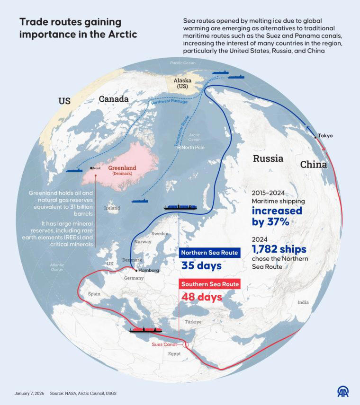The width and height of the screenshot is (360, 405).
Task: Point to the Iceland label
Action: (112, 208)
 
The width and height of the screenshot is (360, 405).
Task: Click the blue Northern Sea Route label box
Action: (209, 253)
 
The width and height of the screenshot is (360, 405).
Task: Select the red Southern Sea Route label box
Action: (209, 284)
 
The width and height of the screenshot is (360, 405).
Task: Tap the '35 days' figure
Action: (201, 265)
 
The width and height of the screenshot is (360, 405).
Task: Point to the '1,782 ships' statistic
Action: (279, 248)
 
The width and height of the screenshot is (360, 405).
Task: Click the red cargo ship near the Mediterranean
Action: (146, 329)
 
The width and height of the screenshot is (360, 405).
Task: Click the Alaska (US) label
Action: (182, 84)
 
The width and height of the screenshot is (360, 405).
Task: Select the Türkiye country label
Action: (193, 322)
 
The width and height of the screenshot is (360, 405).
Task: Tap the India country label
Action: (303, 302)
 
